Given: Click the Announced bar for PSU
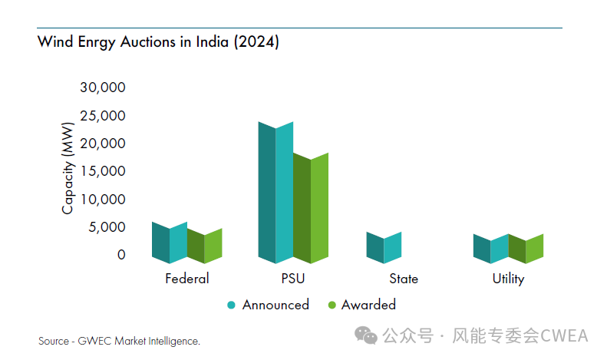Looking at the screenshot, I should [x=275, y=192].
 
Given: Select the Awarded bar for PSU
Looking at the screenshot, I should [x=311, y=207].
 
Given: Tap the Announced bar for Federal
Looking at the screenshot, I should [x=170, y=243].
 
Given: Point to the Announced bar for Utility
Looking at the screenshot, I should [x=490, y=249].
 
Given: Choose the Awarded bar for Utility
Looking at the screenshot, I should [x=526, y=249].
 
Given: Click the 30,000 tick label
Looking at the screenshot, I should [x=103, y=88].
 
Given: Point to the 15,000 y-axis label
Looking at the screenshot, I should [x=103, y=171].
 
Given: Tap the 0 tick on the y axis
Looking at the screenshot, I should [x=120, y=254].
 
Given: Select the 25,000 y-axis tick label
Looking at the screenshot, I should [x=103, y=116].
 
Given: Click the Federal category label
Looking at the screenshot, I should [x=186, y=279].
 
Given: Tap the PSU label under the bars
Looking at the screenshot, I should [x=292, y=279].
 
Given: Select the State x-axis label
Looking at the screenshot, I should [x=404, y=279].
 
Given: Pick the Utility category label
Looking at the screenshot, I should [x=508, y=279].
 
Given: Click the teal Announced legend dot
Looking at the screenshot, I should [x=231, y=306].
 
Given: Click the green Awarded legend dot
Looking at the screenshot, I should [x=332, y=306].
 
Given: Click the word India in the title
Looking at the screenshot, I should [x=210, y=43].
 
